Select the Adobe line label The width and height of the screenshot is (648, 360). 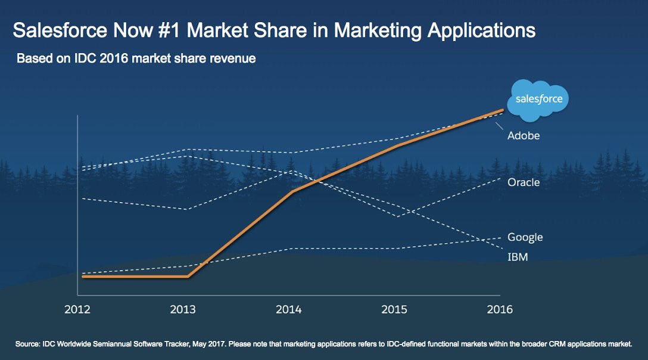[524, 136]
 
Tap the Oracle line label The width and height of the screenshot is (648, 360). [524, 182]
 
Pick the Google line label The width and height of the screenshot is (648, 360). [525, 237]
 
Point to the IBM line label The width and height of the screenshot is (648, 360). [518, 257]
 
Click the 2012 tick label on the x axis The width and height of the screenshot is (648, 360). [78, 310]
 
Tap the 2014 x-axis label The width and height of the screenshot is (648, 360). [289, 310]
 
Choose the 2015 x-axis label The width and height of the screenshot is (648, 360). [394, 310]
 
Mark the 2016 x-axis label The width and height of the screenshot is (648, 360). [499, 310]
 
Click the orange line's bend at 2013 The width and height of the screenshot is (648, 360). [188, 277]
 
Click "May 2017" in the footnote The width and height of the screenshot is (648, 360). [225, 344]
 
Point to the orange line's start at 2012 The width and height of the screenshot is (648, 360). [84, 277]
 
